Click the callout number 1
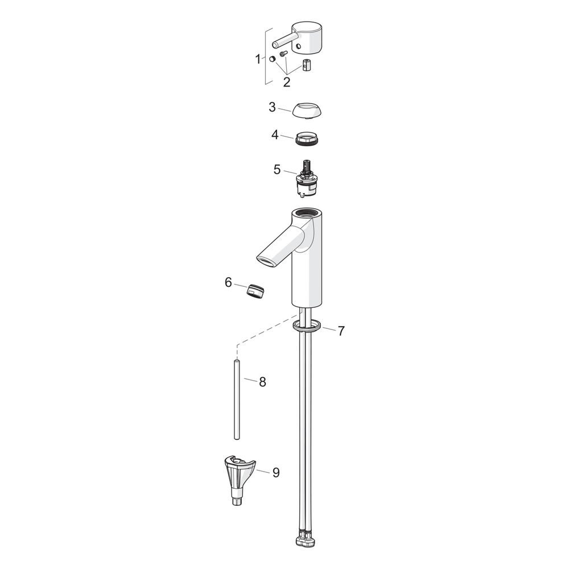coord(258,59)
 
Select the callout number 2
coord(287,82)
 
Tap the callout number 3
coord(272,107)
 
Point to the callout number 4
coord(275,135)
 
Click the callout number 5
coord(277,169)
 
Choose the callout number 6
coord(228,282)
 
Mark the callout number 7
coord(341,331)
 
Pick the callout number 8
coord(262,382)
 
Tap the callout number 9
coord(276,472)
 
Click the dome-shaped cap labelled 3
coord(307,110)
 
